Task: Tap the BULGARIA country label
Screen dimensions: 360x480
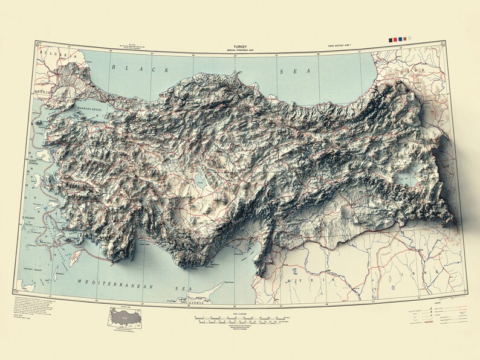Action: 53,54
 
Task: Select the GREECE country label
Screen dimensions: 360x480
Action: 44,92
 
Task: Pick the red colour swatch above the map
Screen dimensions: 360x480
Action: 395,40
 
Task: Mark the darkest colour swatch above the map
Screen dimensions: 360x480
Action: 391,40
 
